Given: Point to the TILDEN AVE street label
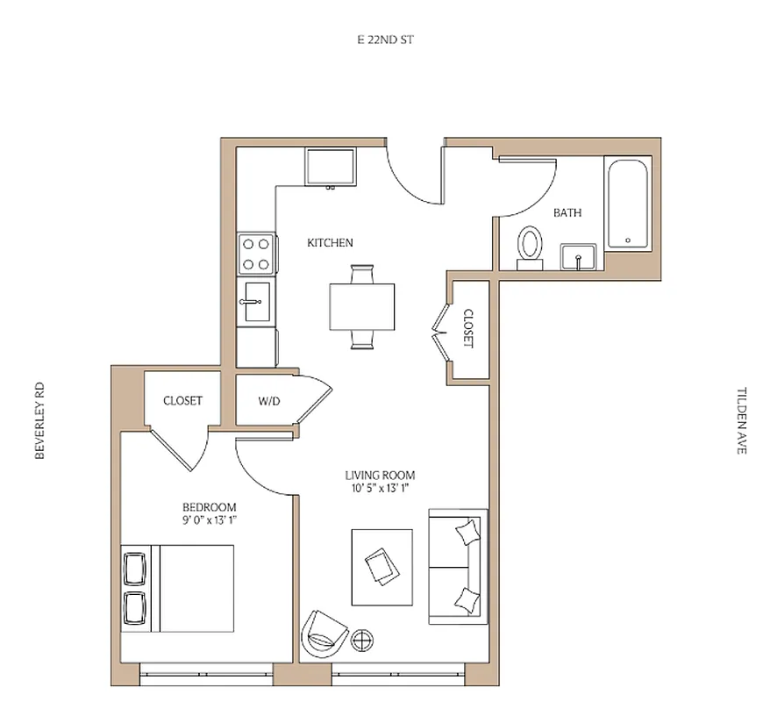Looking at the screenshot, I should click(x=741, y=420).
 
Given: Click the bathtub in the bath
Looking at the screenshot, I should click(x=627, y=203).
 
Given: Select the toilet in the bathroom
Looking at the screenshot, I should click(x=530, y=244).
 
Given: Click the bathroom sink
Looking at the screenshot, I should click(x=579, y=258).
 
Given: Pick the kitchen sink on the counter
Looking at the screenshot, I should click(x=256, y=300).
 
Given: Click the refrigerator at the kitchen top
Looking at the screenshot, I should click(x=331, y=167).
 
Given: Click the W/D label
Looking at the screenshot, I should click(x=268, y=401).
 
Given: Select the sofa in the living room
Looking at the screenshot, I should click(x=457, y=566).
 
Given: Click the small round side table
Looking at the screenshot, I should click(x=362, y=639).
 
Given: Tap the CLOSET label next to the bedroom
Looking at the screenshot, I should click(x=182, y=401).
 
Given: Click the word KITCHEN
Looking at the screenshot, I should click(x=330, y=243).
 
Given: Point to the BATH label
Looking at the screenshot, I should click(x=567, y=212).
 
